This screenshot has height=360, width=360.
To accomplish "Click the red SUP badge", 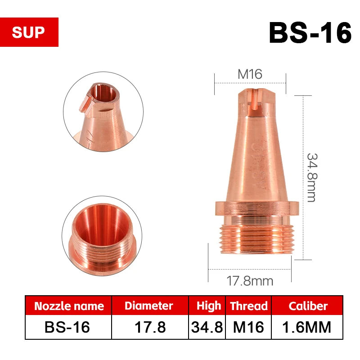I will [29, 32].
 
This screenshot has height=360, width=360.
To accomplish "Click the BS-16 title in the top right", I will [310, 32].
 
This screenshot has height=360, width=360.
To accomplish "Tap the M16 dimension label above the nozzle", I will [250, 74].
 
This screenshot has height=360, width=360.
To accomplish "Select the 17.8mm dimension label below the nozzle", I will [249, 281].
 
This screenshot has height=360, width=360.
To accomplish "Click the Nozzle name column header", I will [69, 306].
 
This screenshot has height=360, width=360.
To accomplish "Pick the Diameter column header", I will [148, 306].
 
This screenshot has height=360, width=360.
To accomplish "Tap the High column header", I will [208, 306].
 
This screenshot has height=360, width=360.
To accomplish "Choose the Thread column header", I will [248, 306].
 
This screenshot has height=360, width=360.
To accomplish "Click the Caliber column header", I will [308, 306].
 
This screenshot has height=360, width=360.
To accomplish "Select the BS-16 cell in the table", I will [69, 327].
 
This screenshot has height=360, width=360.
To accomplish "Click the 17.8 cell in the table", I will [148, 327].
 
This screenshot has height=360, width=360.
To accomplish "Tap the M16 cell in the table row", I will [248, 327].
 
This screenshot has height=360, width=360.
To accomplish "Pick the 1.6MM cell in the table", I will [308, 327].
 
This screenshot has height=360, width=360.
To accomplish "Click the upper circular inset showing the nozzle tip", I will [103, 112].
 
